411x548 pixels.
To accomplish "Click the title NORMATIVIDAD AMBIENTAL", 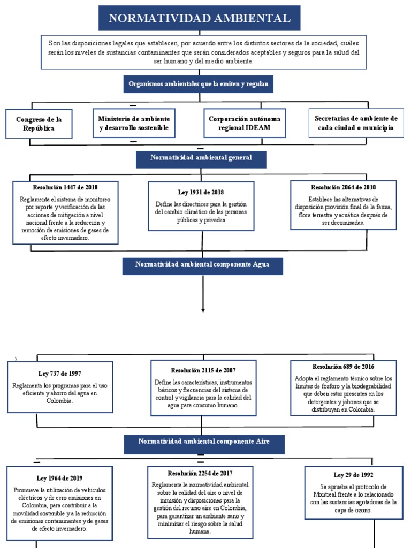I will click(x=200, y=18).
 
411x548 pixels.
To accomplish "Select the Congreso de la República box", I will click(x=39, y=124).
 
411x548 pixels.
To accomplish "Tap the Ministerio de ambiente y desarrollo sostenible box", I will click(x=134, y=123).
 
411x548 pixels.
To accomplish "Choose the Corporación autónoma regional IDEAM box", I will click(x=244, y=123).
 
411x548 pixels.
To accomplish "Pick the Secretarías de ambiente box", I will click(x=356, y=123).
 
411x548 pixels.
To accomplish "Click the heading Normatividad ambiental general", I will click(x=201, y=158).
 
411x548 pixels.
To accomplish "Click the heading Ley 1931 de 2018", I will click(x=201, y=192).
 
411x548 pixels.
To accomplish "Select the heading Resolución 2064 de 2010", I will click(x=343, y=187).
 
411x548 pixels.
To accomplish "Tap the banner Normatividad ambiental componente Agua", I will click(x=202, y=265).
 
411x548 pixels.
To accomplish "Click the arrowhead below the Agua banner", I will click(x=203, y=309).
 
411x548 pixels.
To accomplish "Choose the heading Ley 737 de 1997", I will click(x=60, y=373).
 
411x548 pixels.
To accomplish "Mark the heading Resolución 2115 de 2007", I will click(x=203, y=370).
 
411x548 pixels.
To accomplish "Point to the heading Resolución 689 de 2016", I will click(x=343, y=367).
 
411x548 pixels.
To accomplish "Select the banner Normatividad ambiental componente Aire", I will click(x=204, y=442).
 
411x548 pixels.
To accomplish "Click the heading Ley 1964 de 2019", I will click(x=59, y=478).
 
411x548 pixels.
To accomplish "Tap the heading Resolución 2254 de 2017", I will click(x=200, y=473).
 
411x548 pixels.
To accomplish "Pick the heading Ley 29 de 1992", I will click(x=353, y=475).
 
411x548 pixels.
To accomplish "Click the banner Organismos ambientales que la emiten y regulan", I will click(x=199, y=84).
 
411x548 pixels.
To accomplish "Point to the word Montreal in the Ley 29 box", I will click(x=325, y=494).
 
